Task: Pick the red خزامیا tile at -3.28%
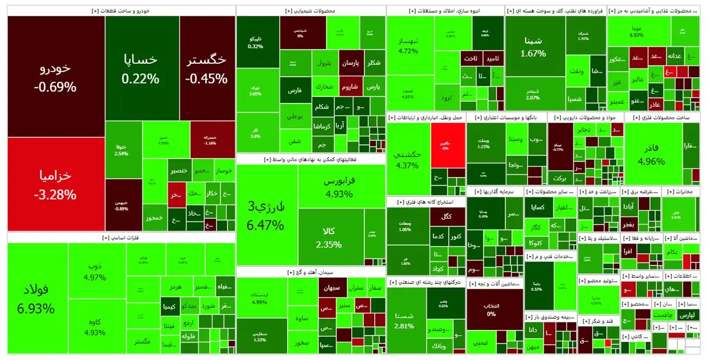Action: [56, 184]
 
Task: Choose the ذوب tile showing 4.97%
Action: [95, 272]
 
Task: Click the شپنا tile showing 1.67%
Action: [533, 46]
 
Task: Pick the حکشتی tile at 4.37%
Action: [407, 159]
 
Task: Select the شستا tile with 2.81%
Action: [406, 320]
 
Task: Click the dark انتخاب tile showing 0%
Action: [491, 309]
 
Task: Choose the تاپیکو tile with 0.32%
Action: [255, 42]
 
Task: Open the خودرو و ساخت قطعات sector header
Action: [121, 10]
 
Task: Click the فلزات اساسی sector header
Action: [121, 237]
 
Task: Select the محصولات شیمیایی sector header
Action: [310, 10]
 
